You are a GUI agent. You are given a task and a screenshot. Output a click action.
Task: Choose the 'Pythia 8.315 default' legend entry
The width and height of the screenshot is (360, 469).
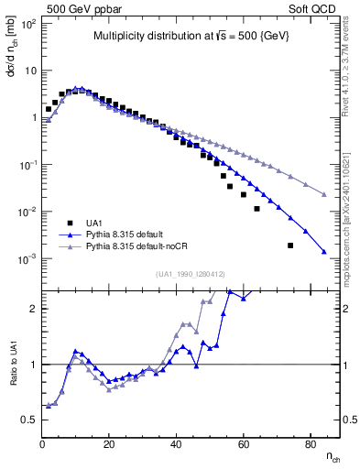tap(133, 234)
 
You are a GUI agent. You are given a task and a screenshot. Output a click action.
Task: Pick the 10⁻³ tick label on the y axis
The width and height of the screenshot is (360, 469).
tap(27, 258)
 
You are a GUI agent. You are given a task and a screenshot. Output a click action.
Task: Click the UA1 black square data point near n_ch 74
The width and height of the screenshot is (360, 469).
tap(290, 245)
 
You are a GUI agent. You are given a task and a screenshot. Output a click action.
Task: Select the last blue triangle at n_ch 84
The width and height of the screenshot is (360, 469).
tap(324, 252)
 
